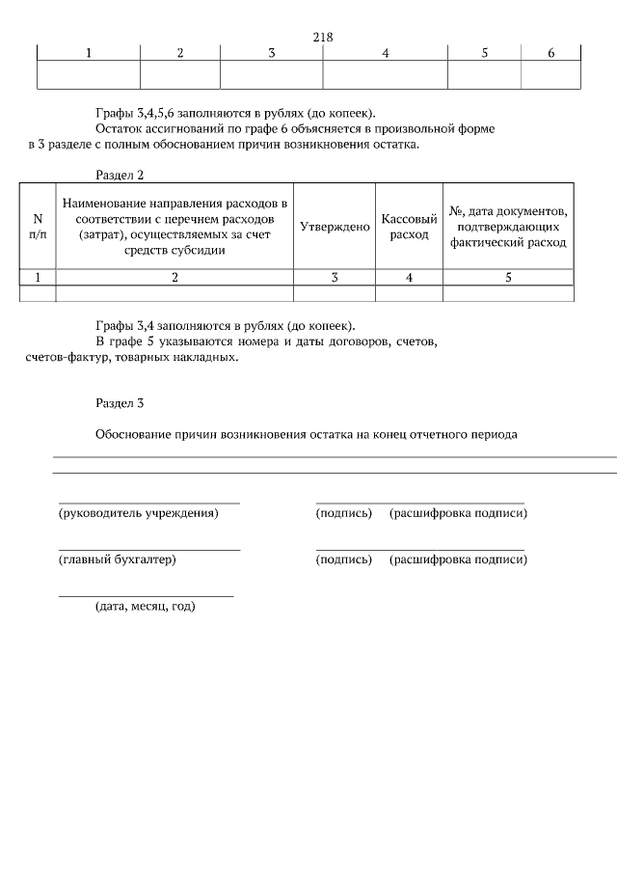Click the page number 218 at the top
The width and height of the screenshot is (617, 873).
click(323, 37)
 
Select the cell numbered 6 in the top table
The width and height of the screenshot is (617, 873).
click(550, 53)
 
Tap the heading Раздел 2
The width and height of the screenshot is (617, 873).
click(120, 175)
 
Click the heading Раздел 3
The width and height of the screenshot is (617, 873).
click(120, 401)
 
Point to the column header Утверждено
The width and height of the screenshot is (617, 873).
click(335, 227)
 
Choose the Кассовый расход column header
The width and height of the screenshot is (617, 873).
click(409, 227)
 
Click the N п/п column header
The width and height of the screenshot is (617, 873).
click(38, 227)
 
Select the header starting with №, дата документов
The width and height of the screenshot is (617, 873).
click(508, 227)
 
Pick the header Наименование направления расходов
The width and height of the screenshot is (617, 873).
click(174, 227)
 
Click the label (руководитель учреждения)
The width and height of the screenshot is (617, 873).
click(139, 513)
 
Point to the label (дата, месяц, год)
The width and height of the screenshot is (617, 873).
click(145, 607)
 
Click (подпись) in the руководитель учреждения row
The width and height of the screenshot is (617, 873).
click(343, 513)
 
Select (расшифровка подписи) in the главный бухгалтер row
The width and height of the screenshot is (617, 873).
click(458, 559)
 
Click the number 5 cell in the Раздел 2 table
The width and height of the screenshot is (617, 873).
click(508, 278)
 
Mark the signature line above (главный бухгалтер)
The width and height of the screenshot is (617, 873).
click(149, 550)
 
